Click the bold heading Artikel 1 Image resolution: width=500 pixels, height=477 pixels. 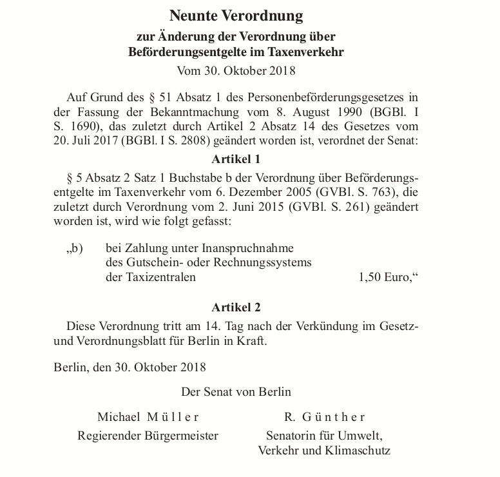236,159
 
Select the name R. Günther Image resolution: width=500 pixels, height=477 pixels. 325,416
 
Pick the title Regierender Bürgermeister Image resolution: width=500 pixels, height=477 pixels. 148,436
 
